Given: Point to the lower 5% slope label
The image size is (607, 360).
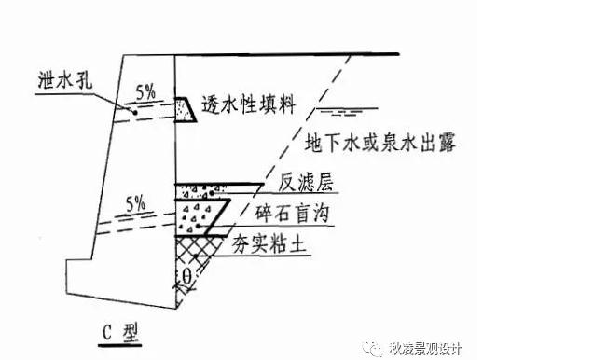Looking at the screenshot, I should point(136,201).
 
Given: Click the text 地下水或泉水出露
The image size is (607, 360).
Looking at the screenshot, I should point(379,143).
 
